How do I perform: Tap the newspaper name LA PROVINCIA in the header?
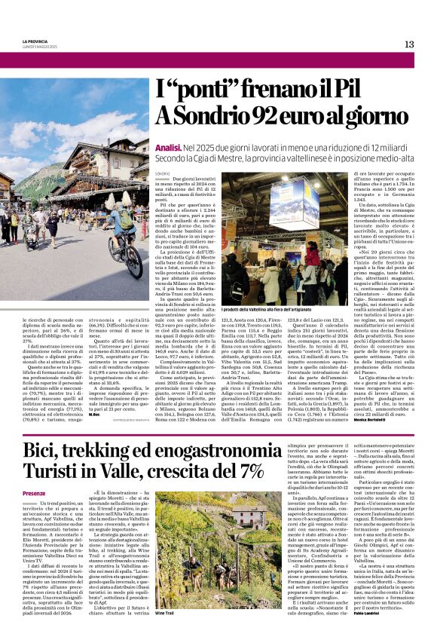(x=35, y=40)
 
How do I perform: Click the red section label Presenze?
(x=35, y=492)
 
